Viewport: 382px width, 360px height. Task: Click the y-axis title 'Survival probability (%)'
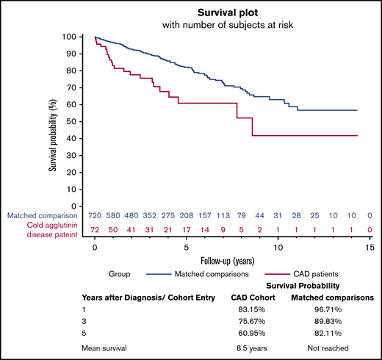click(54, 122)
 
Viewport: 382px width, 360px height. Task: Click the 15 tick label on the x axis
click(370, 249)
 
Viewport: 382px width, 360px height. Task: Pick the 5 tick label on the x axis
click(187, 249)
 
